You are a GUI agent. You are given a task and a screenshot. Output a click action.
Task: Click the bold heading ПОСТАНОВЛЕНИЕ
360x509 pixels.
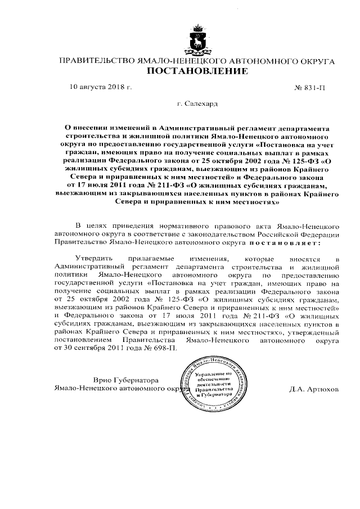coord(197,71)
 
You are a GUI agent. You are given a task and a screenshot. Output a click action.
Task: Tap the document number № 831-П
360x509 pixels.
coord(310,89)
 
